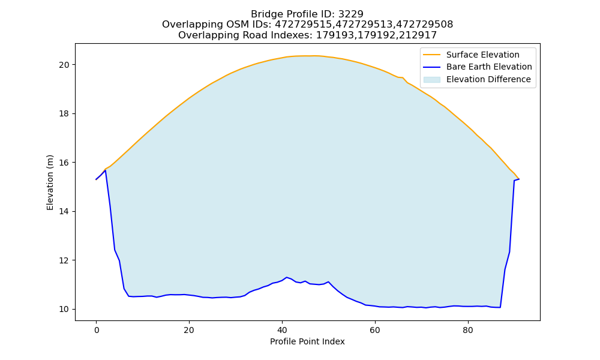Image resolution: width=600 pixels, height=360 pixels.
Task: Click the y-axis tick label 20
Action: [x=64, y=65]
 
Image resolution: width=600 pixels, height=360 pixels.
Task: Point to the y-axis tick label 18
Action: [x=64, y=114]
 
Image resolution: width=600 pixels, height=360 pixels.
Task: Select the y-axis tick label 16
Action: [x=64, y=163]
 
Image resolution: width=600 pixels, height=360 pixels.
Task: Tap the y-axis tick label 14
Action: [x=64, y=212]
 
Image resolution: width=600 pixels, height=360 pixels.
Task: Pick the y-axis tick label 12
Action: [x=64, y=260]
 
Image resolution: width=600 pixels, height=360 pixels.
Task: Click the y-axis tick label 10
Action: [x=64, y=309]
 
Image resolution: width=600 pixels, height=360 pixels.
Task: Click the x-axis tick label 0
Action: [x=96, y=330]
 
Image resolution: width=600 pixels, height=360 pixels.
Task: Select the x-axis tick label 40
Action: [x=282, y=330]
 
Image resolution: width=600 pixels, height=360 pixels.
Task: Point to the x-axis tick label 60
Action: [x=375, y=330]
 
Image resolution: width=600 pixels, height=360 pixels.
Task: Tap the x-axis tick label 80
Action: [x=467, y=330]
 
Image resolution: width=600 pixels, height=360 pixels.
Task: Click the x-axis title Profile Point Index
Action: [x=307, y=341]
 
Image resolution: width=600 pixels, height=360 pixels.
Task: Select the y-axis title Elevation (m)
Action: [x=50, y=182]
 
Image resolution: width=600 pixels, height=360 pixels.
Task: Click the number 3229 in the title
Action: [x=351, y=14]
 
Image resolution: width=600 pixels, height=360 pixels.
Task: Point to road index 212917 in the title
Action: [x=418, y=35]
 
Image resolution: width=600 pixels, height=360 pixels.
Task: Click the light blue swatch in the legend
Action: [x=431, y=80]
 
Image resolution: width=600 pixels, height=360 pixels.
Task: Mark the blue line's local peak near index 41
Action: [x=287, y=277]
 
